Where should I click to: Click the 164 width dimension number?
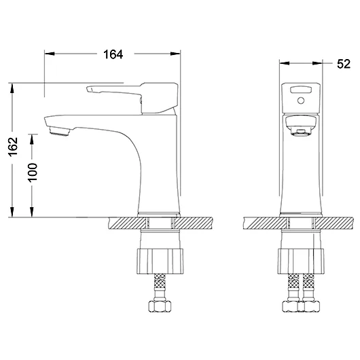click(113, 54)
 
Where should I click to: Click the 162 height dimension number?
click(14, 147)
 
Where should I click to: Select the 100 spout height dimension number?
click(33, 173)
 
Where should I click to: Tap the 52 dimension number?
click(344, 64)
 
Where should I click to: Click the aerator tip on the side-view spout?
click(59, 132)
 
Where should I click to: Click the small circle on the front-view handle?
click(301, 101)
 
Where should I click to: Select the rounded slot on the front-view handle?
click(301, 89)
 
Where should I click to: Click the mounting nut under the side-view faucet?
click(160, 261)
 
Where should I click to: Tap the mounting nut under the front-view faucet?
click(301, 261)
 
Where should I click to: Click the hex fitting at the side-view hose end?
click(160, 306)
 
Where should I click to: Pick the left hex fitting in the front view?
click(290, 306)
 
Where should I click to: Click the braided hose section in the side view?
click(160, 281)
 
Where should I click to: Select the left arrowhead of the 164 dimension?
click(50, 54)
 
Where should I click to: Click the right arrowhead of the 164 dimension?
click(175, 54)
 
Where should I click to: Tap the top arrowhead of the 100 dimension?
click(32, 139)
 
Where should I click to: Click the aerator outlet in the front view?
click(301, 132)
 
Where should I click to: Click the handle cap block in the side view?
click(160, 98)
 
